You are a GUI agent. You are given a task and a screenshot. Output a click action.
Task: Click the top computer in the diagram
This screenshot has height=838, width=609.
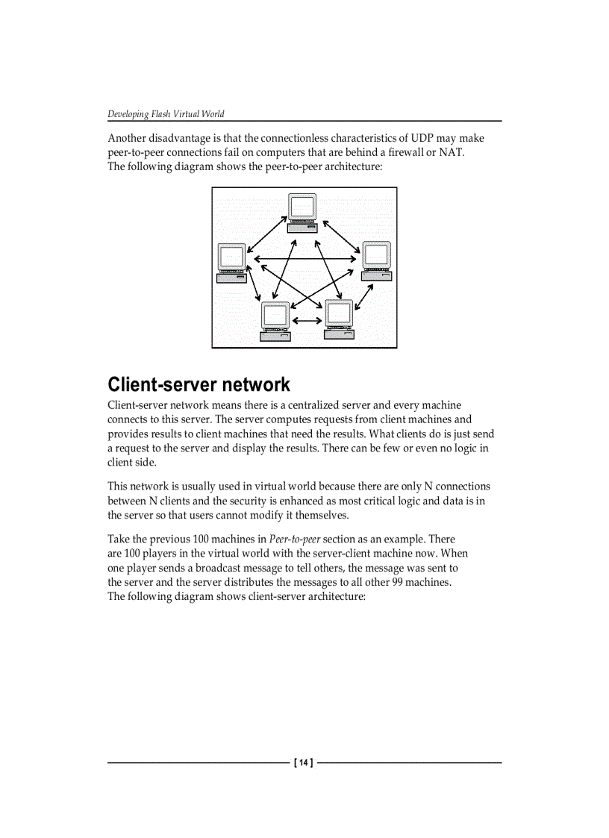[302, 212]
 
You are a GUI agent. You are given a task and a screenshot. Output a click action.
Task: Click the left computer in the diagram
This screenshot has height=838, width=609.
[231, 263]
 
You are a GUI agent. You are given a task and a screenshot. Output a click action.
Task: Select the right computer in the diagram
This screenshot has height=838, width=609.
[376, 260]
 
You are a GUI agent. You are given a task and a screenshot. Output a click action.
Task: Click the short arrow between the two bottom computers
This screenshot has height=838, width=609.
[307, 321]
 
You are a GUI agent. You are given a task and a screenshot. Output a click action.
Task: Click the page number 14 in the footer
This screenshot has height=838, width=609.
[304, 763]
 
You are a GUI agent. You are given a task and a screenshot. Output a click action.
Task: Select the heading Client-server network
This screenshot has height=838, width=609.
[199, 385]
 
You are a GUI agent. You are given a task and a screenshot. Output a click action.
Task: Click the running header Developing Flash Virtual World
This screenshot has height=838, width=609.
[166, 114]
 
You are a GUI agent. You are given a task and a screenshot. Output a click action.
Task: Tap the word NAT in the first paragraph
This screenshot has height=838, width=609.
[451, 152]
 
